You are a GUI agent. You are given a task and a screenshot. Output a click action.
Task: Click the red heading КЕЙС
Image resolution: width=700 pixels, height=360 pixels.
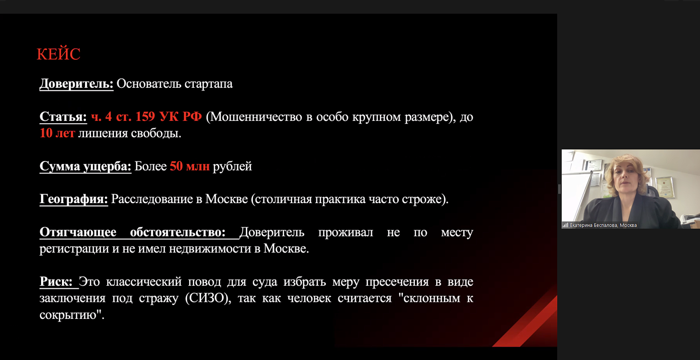coord(58,54)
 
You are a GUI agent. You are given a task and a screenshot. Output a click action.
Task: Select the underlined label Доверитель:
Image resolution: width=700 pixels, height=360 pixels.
coord(77,84)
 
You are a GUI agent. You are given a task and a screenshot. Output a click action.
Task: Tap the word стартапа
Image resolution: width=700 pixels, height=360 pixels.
coord(209,84)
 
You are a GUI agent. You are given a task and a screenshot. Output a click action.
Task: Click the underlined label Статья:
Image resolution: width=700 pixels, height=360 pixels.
coord(63,117)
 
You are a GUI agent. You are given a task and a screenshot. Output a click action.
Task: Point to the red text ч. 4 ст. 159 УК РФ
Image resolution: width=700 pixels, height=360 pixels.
coord(146,117)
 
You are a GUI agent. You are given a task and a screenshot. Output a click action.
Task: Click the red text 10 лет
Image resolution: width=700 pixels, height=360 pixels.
coord(57,134)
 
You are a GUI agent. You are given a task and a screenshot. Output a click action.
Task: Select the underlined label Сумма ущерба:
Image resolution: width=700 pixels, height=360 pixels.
coord(85,166)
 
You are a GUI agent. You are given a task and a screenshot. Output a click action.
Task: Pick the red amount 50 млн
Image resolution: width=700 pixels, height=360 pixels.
coord(189,166)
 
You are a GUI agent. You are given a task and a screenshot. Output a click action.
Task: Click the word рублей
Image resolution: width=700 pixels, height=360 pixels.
coord(232,166)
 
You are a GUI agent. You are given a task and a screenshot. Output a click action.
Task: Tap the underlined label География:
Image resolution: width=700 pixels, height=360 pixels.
coord(74,199)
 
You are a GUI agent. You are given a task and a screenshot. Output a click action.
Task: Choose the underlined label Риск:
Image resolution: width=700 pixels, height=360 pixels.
coord(56,282)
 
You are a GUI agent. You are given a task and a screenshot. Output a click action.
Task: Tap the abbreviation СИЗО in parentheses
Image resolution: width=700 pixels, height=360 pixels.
coord(208,298)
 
